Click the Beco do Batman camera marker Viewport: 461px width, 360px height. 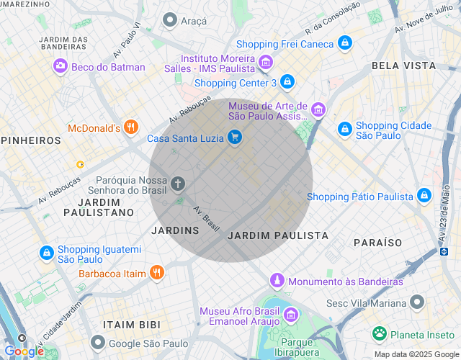pos(61,67)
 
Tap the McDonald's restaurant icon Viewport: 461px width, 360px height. pos(130,128)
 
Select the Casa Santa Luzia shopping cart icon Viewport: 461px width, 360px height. pos(234,138)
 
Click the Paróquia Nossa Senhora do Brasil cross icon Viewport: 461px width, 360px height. pos(178,184)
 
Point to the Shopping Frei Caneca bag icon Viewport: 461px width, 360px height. pos(345,44)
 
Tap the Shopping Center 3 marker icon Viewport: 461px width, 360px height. pos(287,81)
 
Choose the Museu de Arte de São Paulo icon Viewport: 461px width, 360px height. pos(318,110)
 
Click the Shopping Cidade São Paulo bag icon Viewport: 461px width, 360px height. pos(345,130)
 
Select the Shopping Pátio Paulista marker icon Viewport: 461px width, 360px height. pos(424,196)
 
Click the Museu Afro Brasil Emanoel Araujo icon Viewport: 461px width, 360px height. pos(291,315)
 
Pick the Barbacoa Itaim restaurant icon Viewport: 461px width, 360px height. pos(156,273)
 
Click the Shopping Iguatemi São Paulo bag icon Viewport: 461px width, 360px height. pos(46,253)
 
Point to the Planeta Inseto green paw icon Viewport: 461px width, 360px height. pos(379,333)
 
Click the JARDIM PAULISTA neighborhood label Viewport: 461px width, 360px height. pos(278,235)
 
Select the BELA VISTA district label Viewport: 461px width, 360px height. pos(403,66)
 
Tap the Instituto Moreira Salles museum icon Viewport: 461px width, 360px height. pos(265,63)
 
